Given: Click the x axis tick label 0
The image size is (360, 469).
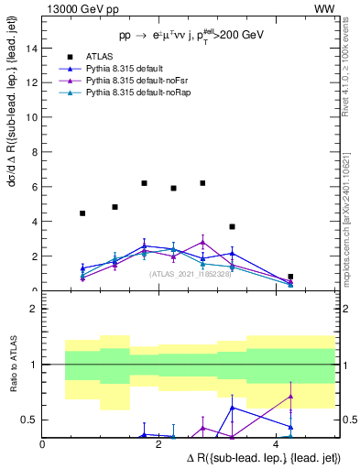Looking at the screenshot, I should point(43,444).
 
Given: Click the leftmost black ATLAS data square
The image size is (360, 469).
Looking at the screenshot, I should point(82,213).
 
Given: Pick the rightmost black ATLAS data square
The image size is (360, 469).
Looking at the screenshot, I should point(290,277).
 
